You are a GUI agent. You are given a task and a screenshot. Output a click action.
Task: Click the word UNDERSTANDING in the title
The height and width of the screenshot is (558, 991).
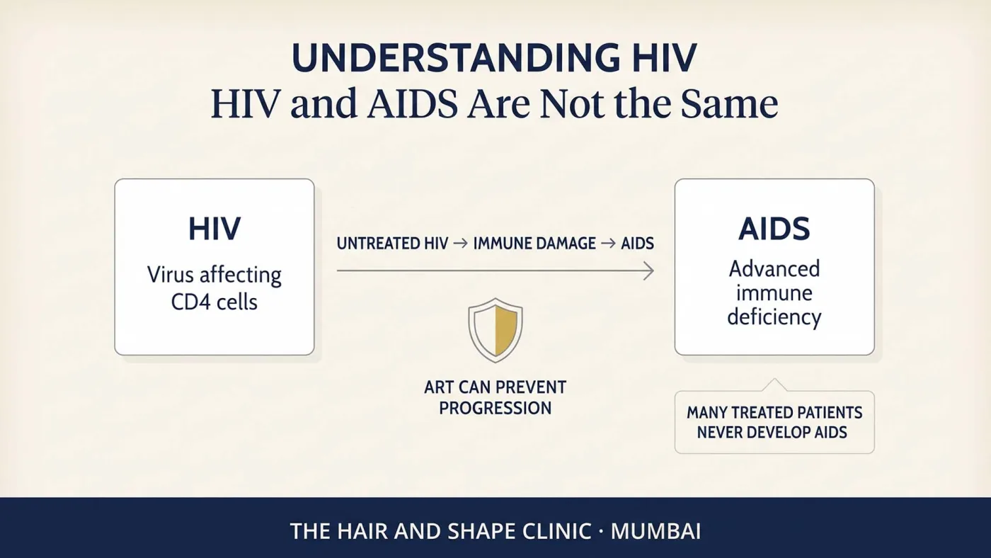point(456,57)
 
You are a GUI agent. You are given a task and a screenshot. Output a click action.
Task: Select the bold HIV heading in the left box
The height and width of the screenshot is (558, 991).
point(214,229)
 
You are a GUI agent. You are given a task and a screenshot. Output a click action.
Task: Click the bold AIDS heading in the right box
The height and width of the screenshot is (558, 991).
point(774,229)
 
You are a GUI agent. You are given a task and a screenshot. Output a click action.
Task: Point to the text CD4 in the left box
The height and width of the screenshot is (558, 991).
point(190,302)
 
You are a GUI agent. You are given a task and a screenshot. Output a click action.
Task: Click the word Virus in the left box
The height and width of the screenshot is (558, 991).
point(170,275)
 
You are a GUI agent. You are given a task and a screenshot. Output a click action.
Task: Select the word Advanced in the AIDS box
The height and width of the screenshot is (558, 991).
point(774,268)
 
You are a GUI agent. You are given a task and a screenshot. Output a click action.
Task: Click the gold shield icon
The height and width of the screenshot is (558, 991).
point(495,330)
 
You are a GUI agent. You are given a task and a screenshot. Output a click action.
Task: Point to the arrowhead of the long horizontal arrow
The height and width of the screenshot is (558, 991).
point(653,271)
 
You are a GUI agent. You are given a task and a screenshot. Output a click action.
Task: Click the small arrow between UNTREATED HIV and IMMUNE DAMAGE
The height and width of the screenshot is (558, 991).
point(461,244)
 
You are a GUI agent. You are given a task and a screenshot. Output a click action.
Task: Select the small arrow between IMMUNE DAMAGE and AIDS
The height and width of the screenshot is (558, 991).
point(608,244)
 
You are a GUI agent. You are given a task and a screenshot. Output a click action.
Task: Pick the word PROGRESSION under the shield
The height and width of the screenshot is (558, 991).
point(495,408)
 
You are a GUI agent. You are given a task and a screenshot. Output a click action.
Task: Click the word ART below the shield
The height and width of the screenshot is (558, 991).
point(439,387)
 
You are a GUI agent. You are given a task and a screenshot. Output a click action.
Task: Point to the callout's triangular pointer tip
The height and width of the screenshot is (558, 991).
point(774,379)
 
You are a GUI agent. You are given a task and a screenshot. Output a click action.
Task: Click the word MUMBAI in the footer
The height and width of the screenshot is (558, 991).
point(655,531)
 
